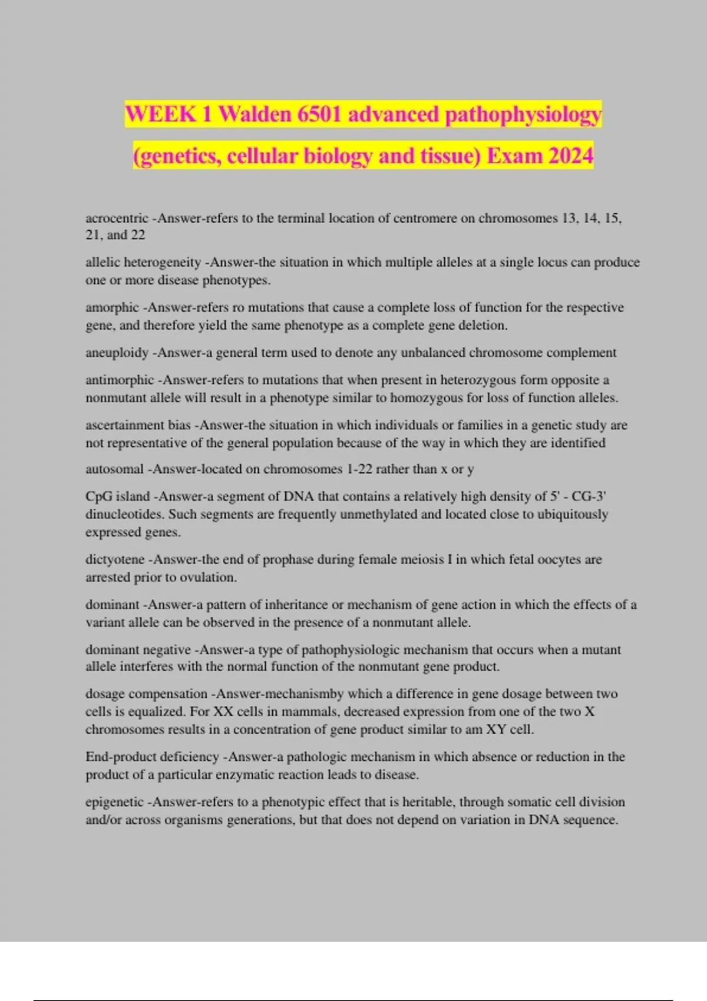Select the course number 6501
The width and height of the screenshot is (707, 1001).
coord(319,114)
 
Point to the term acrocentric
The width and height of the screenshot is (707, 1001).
coord(117,218)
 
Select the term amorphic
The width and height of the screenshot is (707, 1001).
coord(112,307)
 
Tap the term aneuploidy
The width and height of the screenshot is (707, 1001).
coord(117,353)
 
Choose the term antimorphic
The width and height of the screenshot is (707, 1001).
coord(120,380)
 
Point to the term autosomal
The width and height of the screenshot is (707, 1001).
coord(114,469)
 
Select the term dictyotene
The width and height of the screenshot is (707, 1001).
coord(115,559)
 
